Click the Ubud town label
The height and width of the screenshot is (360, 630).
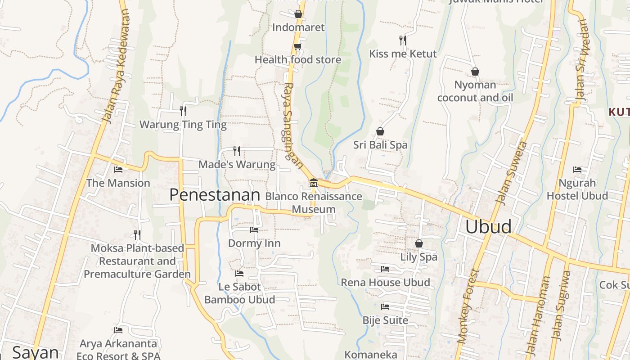click(x=488, y=226)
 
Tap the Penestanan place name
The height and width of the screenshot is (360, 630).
click(x=215, y=195)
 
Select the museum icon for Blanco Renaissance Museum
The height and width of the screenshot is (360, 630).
click(x=313, y=183)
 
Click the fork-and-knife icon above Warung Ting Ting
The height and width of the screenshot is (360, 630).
click(x=183, y=111)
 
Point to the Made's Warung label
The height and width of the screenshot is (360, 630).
click(x=237, y=165)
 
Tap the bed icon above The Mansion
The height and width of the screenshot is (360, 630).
click(x=118, y=170)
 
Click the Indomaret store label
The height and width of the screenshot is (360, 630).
click(x=298, y=27)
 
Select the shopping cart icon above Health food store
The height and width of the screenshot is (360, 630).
click(x=297, y=46)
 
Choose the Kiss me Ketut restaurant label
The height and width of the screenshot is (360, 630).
click(x=403, y=54)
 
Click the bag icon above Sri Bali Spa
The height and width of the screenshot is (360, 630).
click(x=380, y=131)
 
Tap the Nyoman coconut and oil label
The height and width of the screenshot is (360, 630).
click(x=475, y=91)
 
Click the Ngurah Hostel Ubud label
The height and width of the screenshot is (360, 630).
click(x=577, y=189)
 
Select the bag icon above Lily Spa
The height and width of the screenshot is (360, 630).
click(x=419, y=243)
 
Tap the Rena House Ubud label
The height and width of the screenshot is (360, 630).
click(x=385, y=283)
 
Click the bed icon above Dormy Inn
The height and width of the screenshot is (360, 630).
click(x=254, y=230)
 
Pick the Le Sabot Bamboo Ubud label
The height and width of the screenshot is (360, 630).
click(x=239, y=293)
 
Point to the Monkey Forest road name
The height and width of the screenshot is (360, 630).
click(x=468, y=307)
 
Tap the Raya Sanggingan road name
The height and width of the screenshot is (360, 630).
click(x=292, y=125)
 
